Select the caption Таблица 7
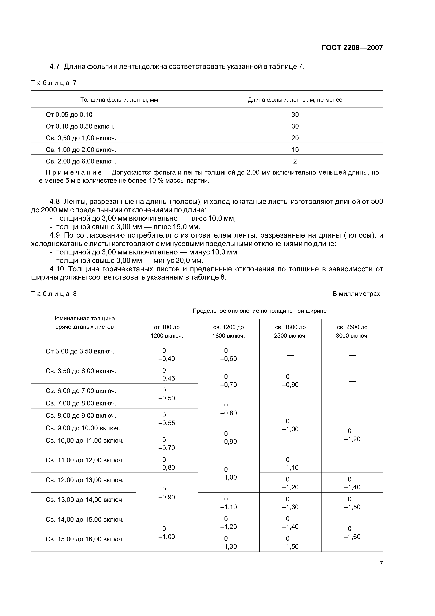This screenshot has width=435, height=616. (54, 83)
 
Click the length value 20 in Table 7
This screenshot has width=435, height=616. (295, 138)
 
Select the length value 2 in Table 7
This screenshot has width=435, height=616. (295, 161)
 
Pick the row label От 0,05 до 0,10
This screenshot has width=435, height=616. (69, 114)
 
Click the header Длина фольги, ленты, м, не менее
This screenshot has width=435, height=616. (295, 100)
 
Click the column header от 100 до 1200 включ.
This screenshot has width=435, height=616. (166, 331)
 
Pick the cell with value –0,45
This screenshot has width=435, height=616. (166, 378)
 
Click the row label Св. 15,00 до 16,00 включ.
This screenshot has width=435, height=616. (84, 539)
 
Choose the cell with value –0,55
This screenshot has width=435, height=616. (166, 423)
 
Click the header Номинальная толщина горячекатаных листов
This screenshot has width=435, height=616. (83, 323)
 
